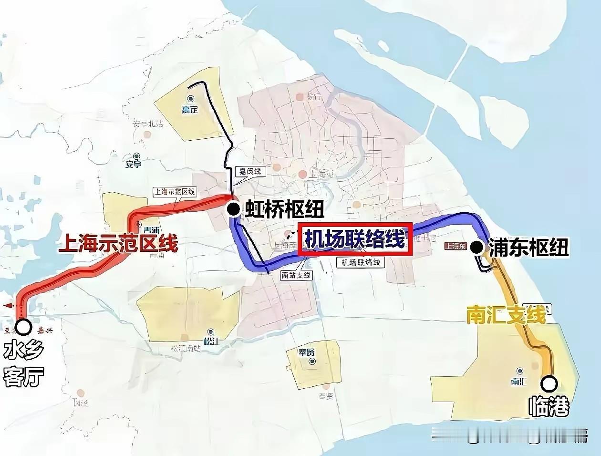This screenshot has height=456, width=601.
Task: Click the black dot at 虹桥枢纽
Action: (233, 208)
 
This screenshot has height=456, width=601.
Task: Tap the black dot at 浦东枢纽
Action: (476, 247)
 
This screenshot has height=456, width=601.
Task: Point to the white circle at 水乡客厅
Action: (23, 327)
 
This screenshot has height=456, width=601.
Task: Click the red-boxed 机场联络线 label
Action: (354, 239)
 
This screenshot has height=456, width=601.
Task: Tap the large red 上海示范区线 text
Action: (118, 244)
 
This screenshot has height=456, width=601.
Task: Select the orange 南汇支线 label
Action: (506, 316)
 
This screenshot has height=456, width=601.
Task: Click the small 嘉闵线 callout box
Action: (249, 171)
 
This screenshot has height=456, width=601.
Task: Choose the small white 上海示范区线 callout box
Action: (175, 192)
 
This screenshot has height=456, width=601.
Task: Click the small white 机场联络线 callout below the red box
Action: (361, 262)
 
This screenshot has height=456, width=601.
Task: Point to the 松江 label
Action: (211, 341)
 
